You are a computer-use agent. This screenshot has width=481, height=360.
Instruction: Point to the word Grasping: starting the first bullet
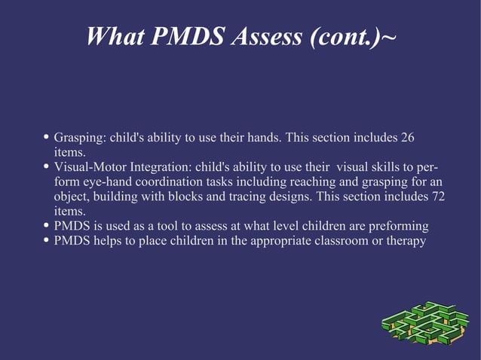(x=80, y=138)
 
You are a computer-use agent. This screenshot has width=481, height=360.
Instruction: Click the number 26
(x=407, y=138)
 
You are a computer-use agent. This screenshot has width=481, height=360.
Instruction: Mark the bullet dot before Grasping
(x=47, y=138)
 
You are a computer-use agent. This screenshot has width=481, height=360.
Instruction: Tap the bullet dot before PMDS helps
(x=47, y=241)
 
